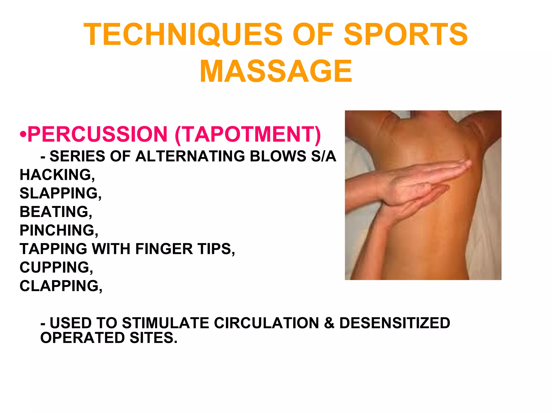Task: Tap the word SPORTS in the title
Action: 406,34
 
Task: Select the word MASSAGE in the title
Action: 276,71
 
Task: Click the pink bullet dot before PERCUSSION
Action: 23,134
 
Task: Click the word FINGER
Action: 164,249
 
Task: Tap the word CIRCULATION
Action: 266,323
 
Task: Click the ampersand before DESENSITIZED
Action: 329,323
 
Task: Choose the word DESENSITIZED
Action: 395,323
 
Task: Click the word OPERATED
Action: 82,338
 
